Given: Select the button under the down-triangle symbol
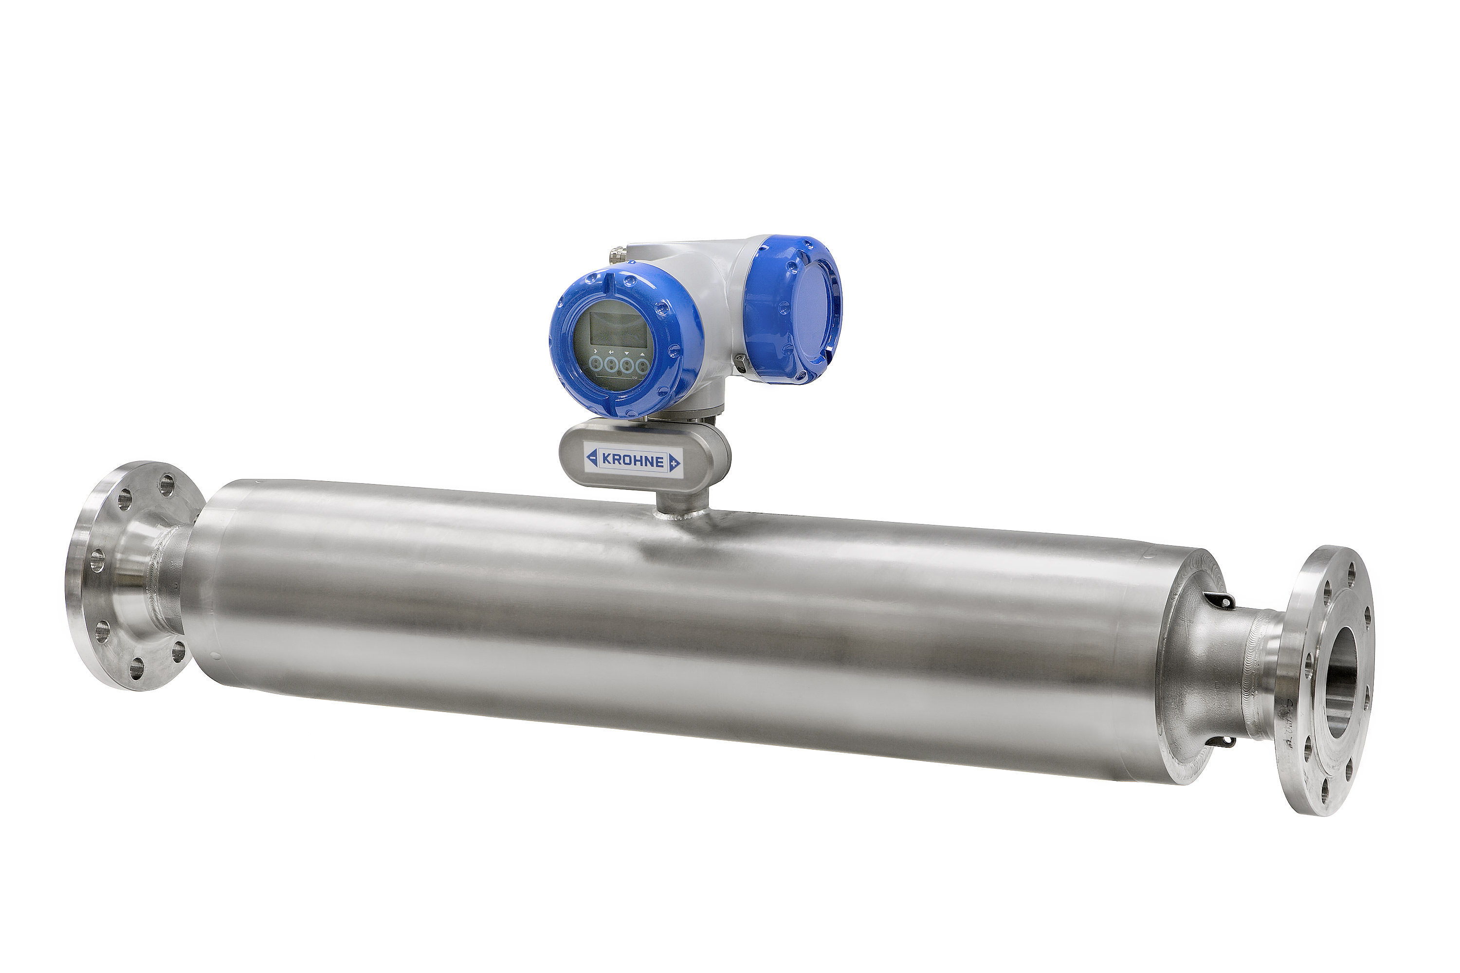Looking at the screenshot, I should [627, 364].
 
